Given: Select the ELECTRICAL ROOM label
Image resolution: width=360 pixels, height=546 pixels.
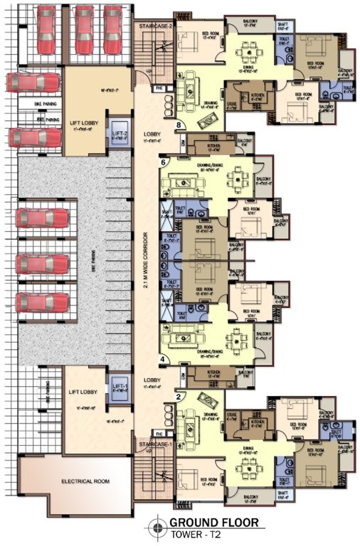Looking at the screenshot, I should coord(87,481).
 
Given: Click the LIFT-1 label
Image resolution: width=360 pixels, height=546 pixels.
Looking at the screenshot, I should coord(119,387).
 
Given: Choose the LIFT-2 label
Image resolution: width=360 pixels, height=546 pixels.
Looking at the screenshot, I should coord(119,133).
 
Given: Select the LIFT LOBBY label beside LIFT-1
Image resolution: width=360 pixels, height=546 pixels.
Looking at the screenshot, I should coord(83,392).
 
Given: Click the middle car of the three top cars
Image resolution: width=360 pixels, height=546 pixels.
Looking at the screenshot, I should coord(84,29).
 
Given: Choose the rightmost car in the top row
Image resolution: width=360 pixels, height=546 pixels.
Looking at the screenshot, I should coord(113,29).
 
